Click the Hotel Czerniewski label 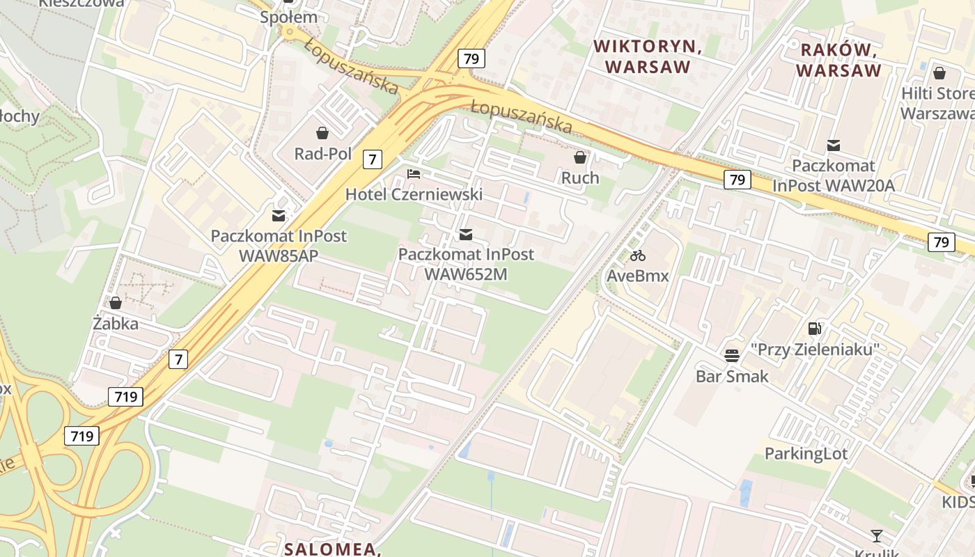coord(414,194)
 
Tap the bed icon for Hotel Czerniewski coord(414,173)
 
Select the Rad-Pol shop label coord(322,153)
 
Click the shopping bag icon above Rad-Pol coord(322,132)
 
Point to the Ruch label coord(580,178)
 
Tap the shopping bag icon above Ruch coord(580,157)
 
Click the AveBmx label coord(637,276)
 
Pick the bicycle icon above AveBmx coord(637,256)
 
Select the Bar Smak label coord(732,376)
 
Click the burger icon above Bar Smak coord(732,356)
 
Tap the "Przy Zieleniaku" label coord(815,349)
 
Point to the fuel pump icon coord(815,329)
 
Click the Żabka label coord(116,323)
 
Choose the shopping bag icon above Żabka coord(116,303)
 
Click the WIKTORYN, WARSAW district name coord(647,56)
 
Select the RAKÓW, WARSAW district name coord(838,60)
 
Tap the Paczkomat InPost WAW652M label coord(466,264)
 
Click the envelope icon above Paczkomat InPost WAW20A coord(833,146)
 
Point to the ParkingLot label coord(806,454)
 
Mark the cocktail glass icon coord(877,535)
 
